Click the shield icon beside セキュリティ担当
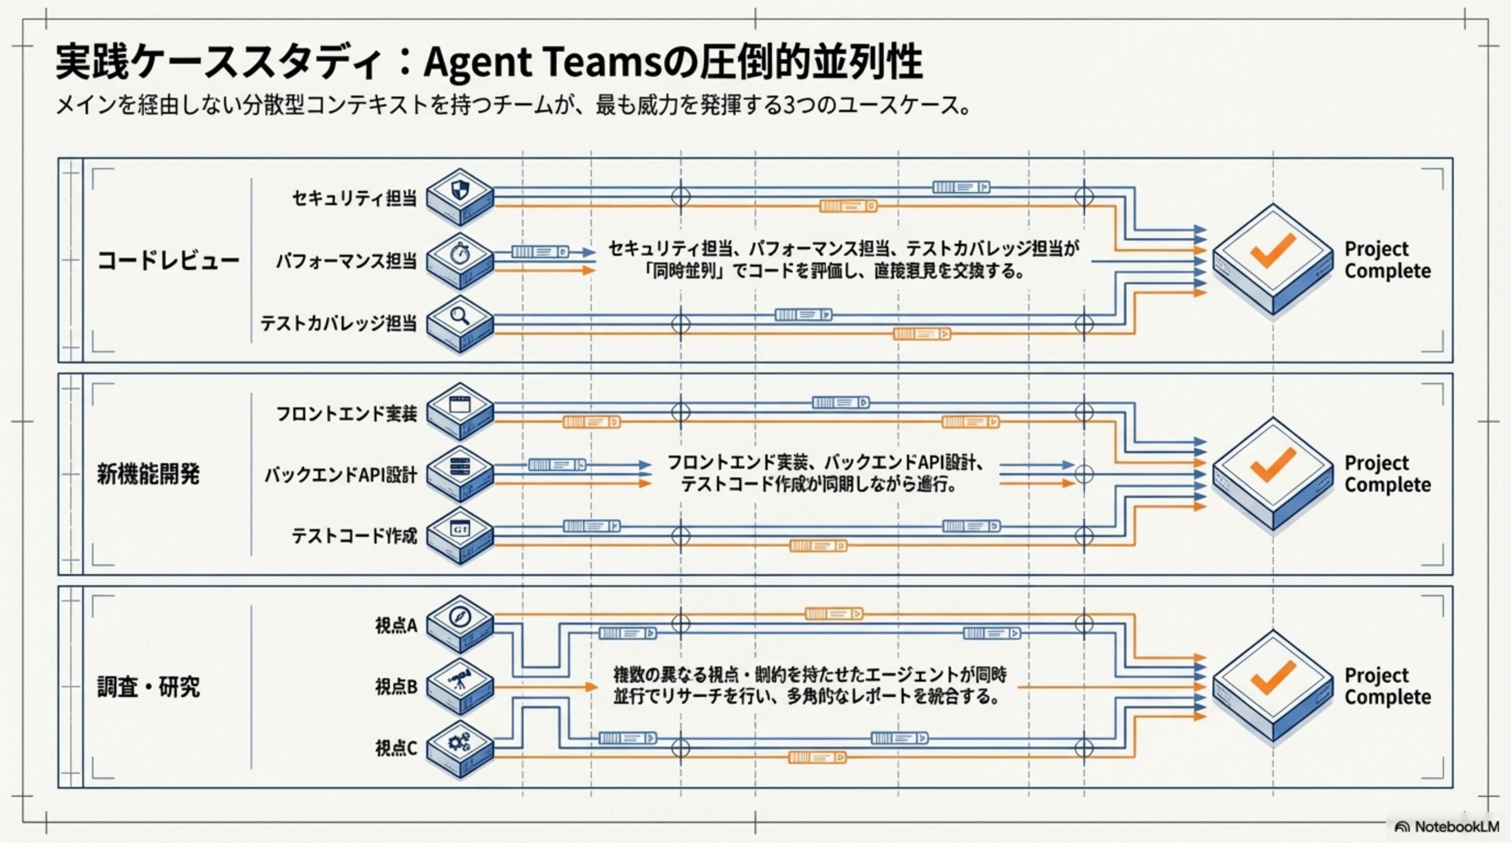459,190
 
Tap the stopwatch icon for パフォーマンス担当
459,253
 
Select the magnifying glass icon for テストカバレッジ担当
459,317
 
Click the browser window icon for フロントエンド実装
459,404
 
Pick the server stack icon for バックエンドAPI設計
459,467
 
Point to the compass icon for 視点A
459,617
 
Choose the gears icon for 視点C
459,742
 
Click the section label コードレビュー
169,261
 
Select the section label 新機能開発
148,474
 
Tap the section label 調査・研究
148,687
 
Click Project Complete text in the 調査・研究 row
1387,686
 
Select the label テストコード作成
354,536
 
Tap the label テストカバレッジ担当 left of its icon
338,323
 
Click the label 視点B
396,687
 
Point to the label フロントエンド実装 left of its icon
346,414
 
